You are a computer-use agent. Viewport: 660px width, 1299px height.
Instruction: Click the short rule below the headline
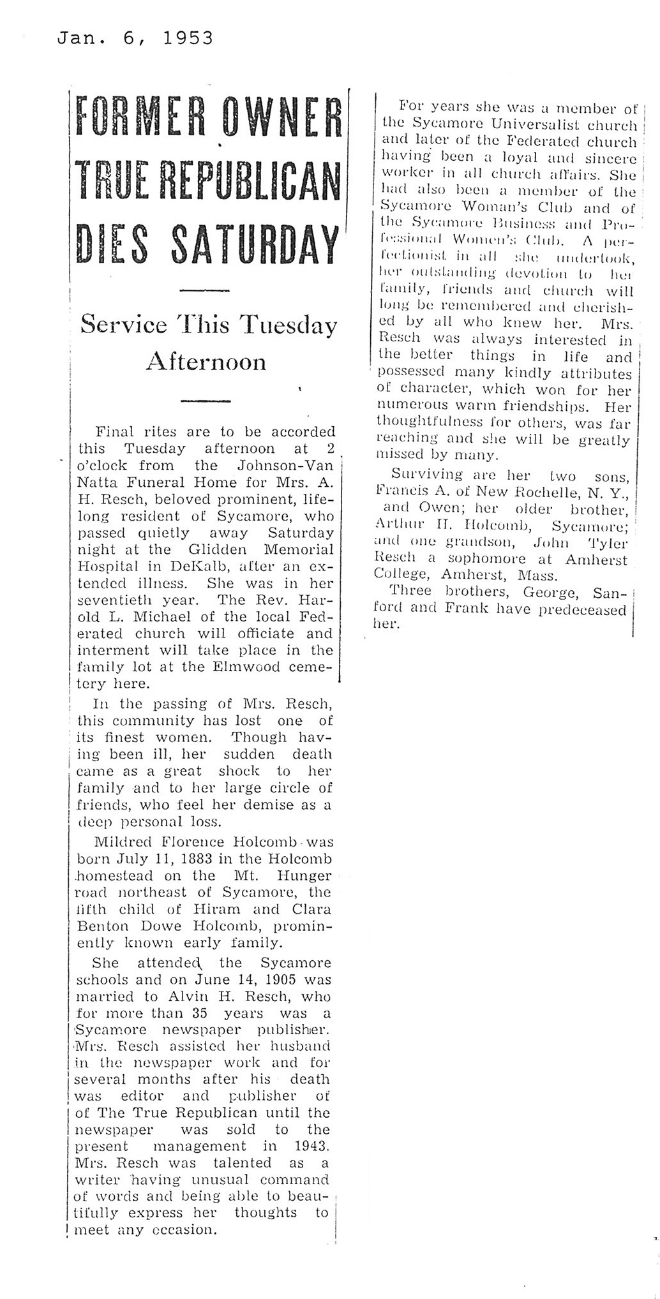pos(206,290)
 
